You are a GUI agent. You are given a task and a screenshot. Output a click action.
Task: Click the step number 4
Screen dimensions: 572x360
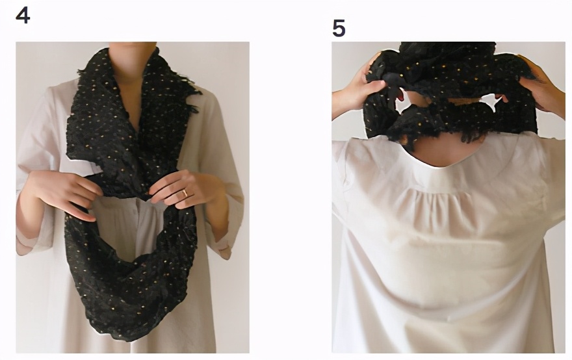(x=23, y=16)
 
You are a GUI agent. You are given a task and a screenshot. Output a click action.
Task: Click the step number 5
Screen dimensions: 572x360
(x=339, y=28)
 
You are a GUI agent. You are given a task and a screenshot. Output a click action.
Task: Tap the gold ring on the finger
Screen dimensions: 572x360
(x=185, y=192)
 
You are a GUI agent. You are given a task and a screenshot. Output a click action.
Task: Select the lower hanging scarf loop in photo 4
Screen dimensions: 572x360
(x=131, y=277)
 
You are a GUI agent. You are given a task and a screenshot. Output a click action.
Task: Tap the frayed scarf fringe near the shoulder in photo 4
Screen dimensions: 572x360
(x=192, y=99)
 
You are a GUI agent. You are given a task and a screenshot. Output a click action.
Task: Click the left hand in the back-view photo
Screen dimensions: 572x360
(x=359, y=91)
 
